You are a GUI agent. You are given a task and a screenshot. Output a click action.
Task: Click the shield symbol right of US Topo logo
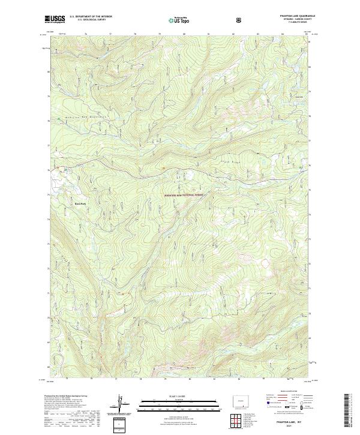pyautogui.click(x=206, y=20)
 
